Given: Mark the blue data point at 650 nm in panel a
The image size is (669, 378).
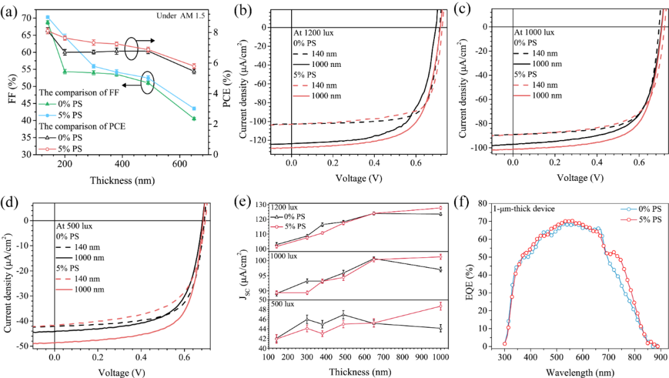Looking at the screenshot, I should (194, 108).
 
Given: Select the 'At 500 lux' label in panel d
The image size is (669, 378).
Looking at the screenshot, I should (79, 226).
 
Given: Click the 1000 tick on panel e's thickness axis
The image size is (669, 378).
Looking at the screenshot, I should (439, 358).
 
